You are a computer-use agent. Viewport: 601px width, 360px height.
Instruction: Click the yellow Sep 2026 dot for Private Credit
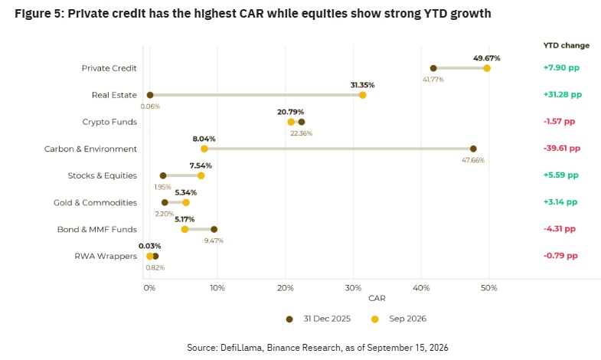point(487,68)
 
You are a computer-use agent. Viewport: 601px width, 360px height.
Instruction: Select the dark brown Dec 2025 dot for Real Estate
point(150,95)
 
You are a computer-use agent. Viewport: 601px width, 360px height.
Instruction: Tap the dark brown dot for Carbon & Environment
point(473,149)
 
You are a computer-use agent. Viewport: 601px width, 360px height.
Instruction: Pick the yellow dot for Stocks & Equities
point(201,175)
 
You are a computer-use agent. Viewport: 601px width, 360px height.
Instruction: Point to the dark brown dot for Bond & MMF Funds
point(214,229)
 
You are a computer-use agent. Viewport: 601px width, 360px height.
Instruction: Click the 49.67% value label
point(486,58)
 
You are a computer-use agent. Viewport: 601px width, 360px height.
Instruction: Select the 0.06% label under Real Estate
point(150,106)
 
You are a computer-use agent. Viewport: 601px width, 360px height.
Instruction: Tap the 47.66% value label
point(473,160)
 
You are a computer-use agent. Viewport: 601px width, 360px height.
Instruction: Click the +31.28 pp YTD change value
point(562,95)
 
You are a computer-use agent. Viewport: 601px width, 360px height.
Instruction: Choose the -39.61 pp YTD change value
point(561,149)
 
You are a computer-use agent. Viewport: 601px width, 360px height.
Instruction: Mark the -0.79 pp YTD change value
point(560,256)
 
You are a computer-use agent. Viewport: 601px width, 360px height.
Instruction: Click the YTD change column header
point(566,45)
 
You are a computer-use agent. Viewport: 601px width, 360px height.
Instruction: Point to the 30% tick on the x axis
point(353,288)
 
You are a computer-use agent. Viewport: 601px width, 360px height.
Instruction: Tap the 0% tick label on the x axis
point(149,288)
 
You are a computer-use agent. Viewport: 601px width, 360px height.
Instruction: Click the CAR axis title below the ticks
point(377,298)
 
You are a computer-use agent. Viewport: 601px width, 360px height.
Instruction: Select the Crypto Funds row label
point(109,122)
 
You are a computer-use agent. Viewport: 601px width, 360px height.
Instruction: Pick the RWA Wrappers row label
point(106,256)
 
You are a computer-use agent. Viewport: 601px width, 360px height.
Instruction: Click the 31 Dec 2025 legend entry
point(318,319)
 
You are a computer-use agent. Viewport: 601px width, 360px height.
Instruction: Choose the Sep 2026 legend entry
point(399,319)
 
